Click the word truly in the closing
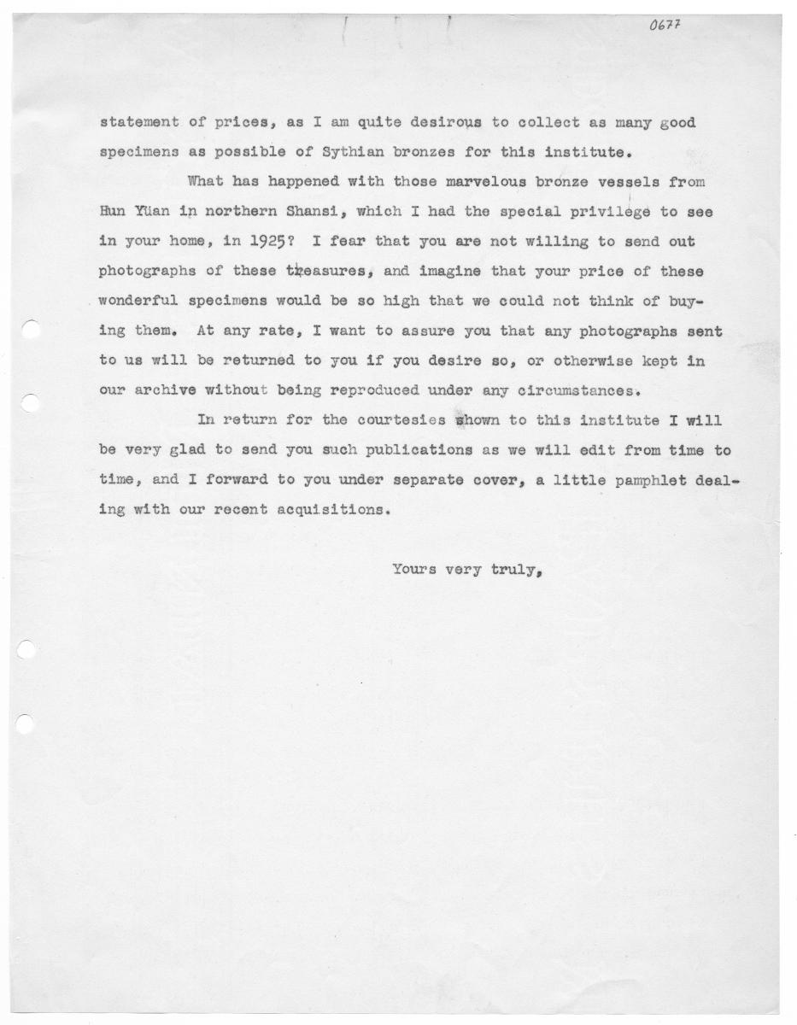pyautogui.click(x=515, y=570)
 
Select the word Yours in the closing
pyautogui.click(x=414, y=570)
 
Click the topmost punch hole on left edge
pyautogui.click(x=28, y=329)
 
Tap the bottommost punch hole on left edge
pyautogui.click(x=26, y=724)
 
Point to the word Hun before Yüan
pyautogui.click(x=113, y=212)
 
